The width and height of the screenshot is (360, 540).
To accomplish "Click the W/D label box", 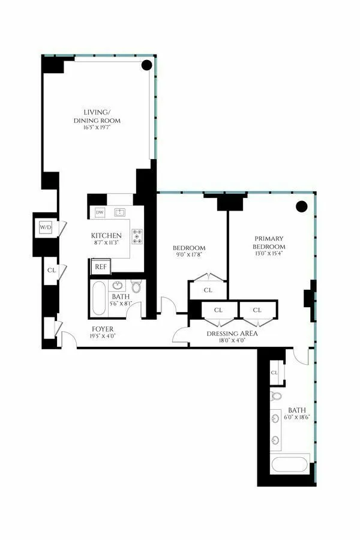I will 46,227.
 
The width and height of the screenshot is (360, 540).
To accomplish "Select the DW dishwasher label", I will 100,212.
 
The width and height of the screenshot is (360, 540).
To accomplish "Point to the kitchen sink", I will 120,212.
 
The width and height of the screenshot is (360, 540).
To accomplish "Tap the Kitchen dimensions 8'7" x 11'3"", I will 106,244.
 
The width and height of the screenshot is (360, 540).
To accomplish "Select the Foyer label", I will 103,329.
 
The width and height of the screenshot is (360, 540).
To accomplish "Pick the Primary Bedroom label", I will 268,243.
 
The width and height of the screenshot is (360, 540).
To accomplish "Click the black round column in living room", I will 146,66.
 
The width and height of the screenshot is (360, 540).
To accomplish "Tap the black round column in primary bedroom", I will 302,206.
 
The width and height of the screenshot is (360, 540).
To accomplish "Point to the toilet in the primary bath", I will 276,396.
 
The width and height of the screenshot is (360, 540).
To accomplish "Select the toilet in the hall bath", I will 136,287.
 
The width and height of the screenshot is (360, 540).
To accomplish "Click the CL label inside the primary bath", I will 274,372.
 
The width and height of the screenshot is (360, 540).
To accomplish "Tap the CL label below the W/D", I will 50,271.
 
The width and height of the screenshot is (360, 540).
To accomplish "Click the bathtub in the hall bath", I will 99,299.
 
